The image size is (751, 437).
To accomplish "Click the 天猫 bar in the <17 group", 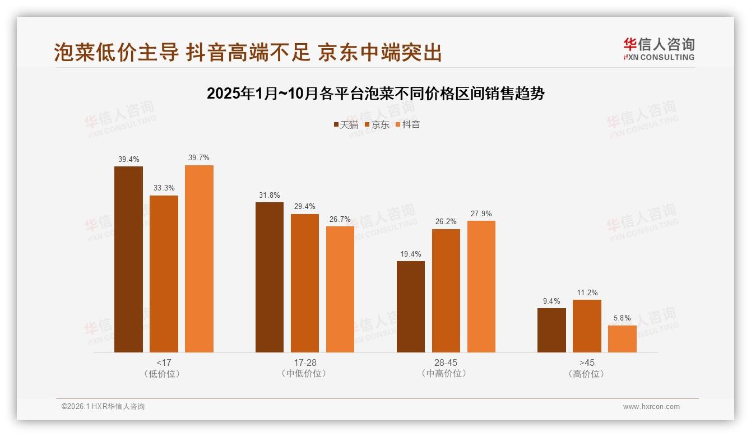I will tap(128, 259).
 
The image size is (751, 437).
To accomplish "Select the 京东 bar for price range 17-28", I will tap(305, 283).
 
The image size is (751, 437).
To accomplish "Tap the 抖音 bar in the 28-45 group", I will tap(481, 286).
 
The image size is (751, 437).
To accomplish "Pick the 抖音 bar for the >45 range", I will tap(622, 339).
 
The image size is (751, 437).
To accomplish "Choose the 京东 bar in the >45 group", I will tap(587, 326).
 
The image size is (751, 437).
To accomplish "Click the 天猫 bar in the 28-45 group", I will tap(411, 306).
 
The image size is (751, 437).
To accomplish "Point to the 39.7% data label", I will tap(199, 158).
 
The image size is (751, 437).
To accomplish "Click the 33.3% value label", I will tap(164, 188).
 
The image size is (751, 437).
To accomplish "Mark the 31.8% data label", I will tap(270, 195).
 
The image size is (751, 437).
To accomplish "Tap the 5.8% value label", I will tap(622, 318).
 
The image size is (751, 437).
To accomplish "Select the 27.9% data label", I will tap(481, 213).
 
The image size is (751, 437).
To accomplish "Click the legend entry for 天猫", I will tap(346, 124).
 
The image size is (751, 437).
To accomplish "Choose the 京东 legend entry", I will tap(377, 124).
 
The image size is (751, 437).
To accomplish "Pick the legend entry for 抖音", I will tap(408, 124).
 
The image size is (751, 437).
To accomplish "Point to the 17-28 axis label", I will tap(305, 362).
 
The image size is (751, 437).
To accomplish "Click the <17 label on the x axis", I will tap(164, 362).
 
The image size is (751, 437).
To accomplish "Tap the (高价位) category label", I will tap(587, 374).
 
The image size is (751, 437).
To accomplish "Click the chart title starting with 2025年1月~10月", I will tap(375, 94).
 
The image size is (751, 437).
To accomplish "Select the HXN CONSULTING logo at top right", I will tap(659, 49).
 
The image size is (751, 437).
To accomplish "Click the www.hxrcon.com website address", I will tap(651, 407).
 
